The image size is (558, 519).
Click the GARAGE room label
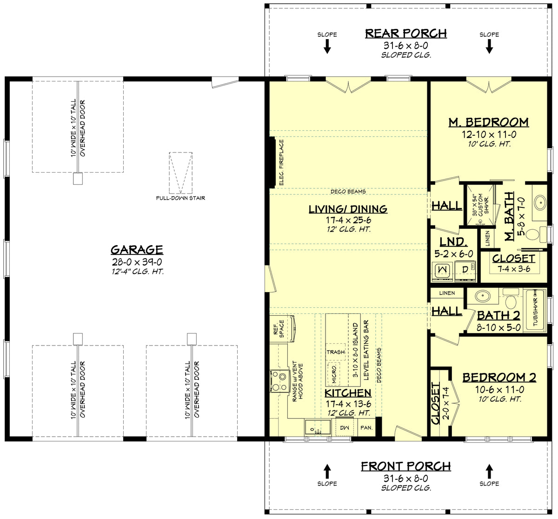(137, 250)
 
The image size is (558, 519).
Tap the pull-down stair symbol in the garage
(180, 173)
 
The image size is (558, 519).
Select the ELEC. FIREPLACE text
(281, 163)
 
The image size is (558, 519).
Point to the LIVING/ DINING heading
(348, 209)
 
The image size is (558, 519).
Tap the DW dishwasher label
(345, 427)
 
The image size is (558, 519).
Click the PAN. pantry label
(366, 427)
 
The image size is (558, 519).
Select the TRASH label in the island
(335, 352)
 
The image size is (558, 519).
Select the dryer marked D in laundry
(465, 270)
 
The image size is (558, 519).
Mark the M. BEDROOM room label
(488, 122)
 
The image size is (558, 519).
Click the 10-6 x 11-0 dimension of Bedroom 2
(499, 389)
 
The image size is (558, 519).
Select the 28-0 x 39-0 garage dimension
(137, 262)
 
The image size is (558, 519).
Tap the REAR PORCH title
(405, 33)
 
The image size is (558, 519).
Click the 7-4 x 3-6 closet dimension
(513, 269)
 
